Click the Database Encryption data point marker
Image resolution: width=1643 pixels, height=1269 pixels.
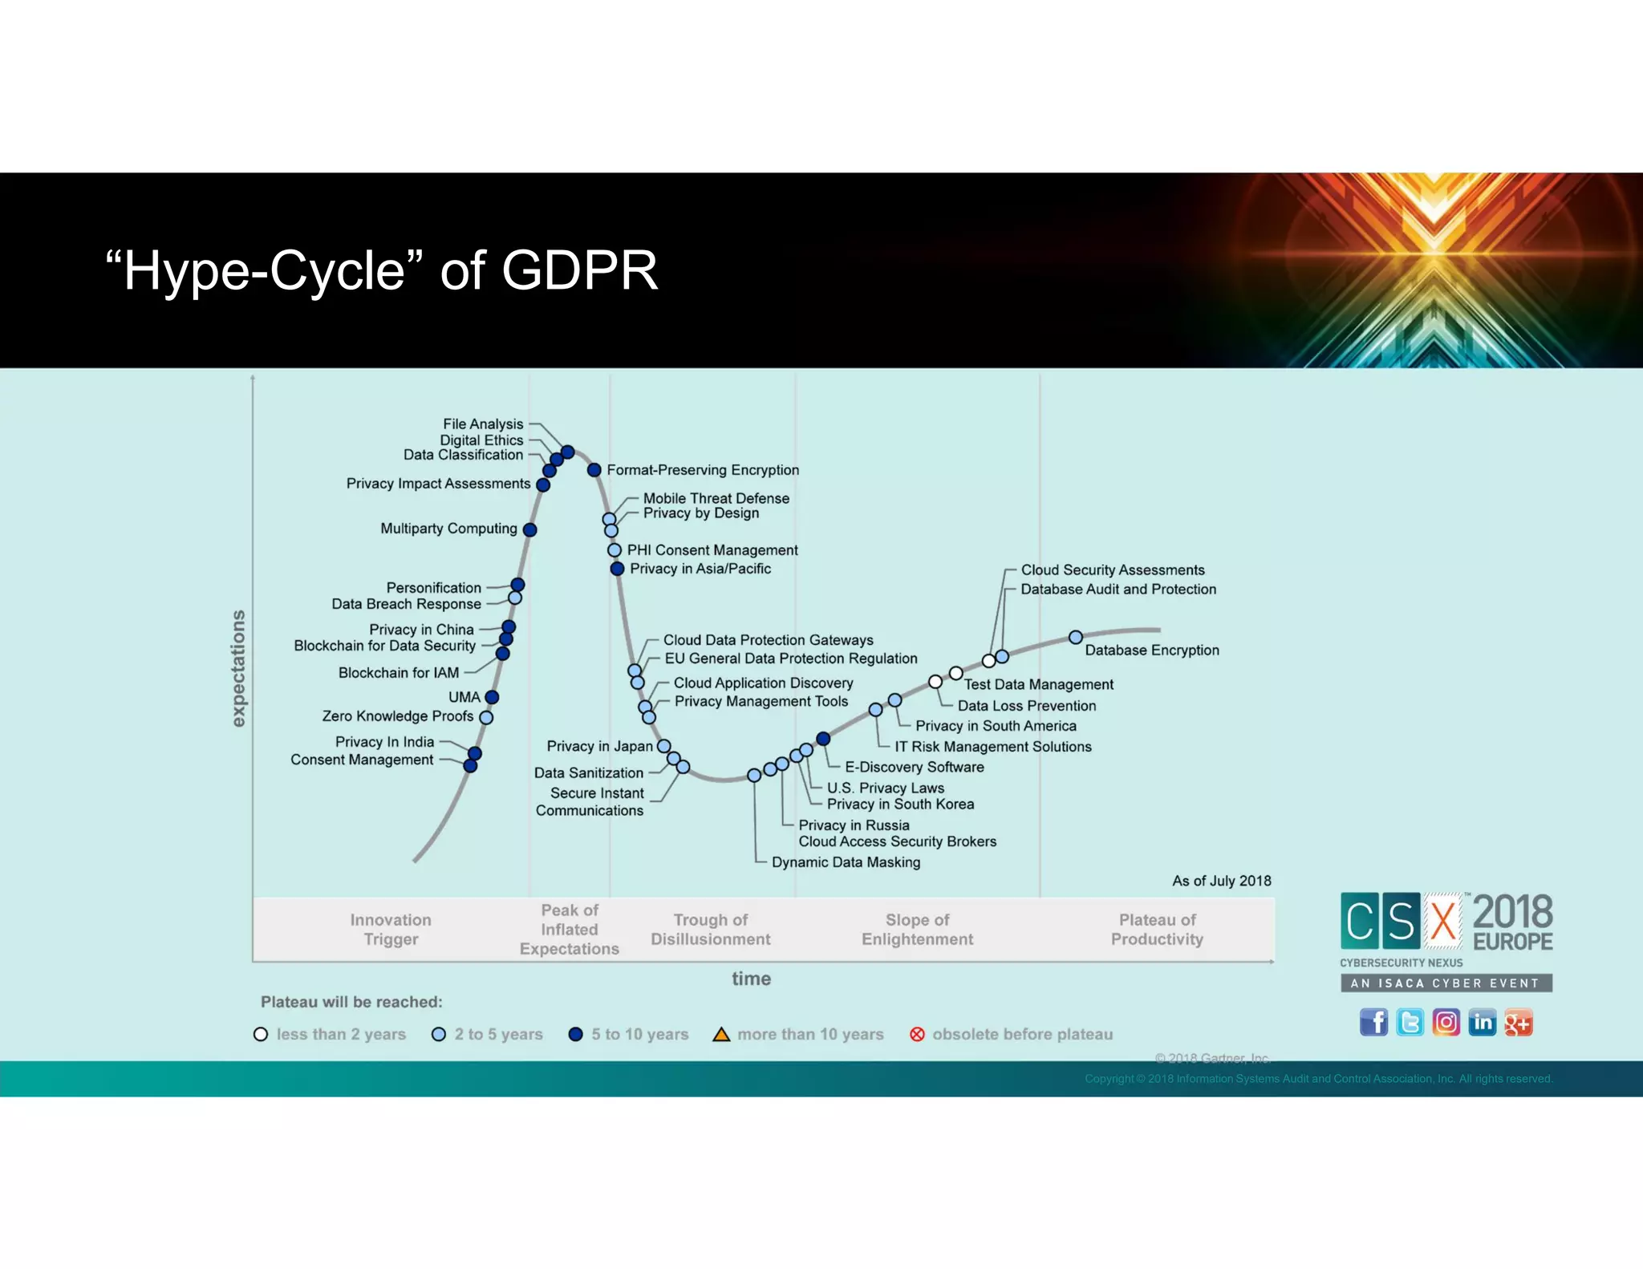pos(1076,637)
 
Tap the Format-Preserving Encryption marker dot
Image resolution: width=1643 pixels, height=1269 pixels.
pos(594,470)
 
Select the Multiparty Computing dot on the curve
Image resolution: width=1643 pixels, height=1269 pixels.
pos(529,529)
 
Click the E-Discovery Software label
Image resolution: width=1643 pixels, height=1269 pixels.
pos(914,767)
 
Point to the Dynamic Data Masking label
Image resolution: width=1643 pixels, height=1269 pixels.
pos(846,862)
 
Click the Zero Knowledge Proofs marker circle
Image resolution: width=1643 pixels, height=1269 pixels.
pos(486,717)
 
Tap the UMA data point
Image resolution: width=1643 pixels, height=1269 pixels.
pos(493,697)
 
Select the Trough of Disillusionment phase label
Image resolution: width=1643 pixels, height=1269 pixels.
pos(710,930)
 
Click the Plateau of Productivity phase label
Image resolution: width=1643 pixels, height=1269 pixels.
pos(1157,930)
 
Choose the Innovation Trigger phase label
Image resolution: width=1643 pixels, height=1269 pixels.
pos(391,930)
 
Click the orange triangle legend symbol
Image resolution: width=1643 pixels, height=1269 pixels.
pos(721,1035)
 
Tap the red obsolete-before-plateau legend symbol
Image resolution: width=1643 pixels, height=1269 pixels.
pos(917,1035)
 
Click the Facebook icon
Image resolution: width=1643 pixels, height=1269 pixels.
pos(1373,1023)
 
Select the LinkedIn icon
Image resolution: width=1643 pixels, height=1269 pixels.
pos(1483,1023)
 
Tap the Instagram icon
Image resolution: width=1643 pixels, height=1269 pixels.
pos(1446,1023)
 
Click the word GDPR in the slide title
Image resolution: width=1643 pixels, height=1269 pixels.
pos(579,270)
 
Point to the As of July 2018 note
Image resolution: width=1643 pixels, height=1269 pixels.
pos(1221,881)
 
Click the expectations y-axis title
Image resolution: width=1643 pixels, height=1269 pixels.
pos(238,668)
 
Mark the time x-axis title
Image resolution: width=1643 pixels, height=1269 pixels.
pos(751,979)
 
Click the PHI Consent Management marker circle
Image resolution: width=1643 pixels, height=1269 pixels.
pos(615,550)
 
